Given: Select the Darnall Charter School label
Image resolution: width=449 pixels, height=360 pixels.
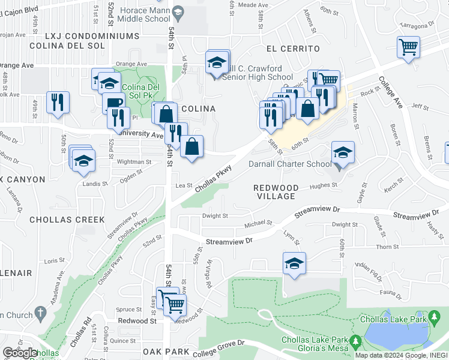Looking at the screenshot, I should (x=290, y=164).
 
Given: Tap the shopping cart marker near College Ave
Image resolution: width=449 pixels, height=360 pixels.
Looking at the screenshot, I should (x=408, y=46).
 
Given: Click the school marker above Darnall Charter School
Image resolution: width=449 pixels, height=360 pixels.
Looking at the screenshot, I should (x=343, y=152).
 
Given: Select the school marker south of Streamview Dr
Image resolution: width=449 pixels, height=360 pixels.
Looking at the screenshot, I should (x=294, y=263).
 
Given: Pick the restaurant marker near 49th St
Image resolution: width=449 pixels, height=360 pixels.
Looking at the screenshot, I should (x=58, y=102).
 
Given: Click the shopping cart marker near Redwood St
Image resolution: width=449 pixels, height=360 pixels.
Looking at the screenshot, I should (x=175, y=304).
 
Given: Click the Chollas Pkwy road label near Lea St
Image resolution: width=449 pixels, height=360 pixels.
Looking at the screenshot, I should (x=212, y=179).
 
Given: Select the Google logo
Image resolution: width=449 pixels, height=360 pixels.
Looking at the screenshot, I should (x=20, y=353).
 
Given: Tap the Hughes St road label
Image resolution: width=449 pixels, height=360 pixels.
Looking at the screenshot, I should (x=324, y=186).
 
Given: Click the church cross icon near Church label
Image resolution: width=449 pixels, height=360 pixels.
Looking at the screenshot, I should (x=40, y=313).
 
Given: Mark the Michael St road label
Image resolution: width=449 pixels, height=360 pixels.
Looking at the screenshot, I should (x=258, y=224).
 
